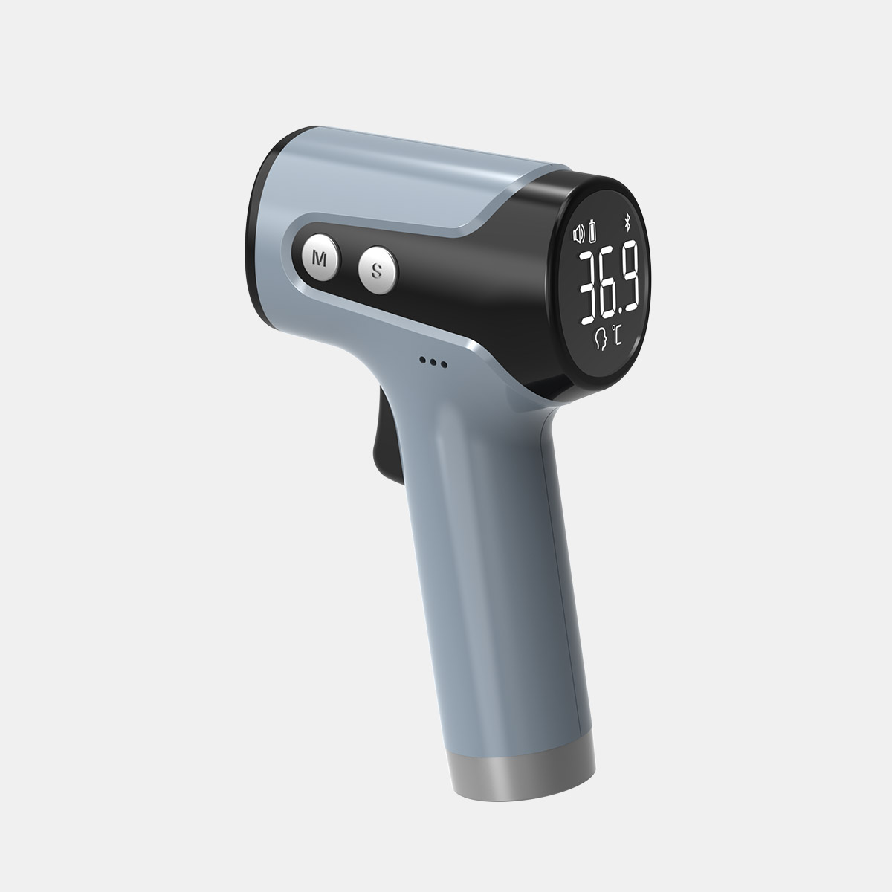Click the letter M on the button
click(320, 259)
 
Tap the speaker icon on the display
click(579, 234)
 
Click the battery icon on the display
click(592, 231)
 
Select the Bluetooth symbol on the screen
click(627, 223)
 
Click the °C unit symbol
click(616, 335)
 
